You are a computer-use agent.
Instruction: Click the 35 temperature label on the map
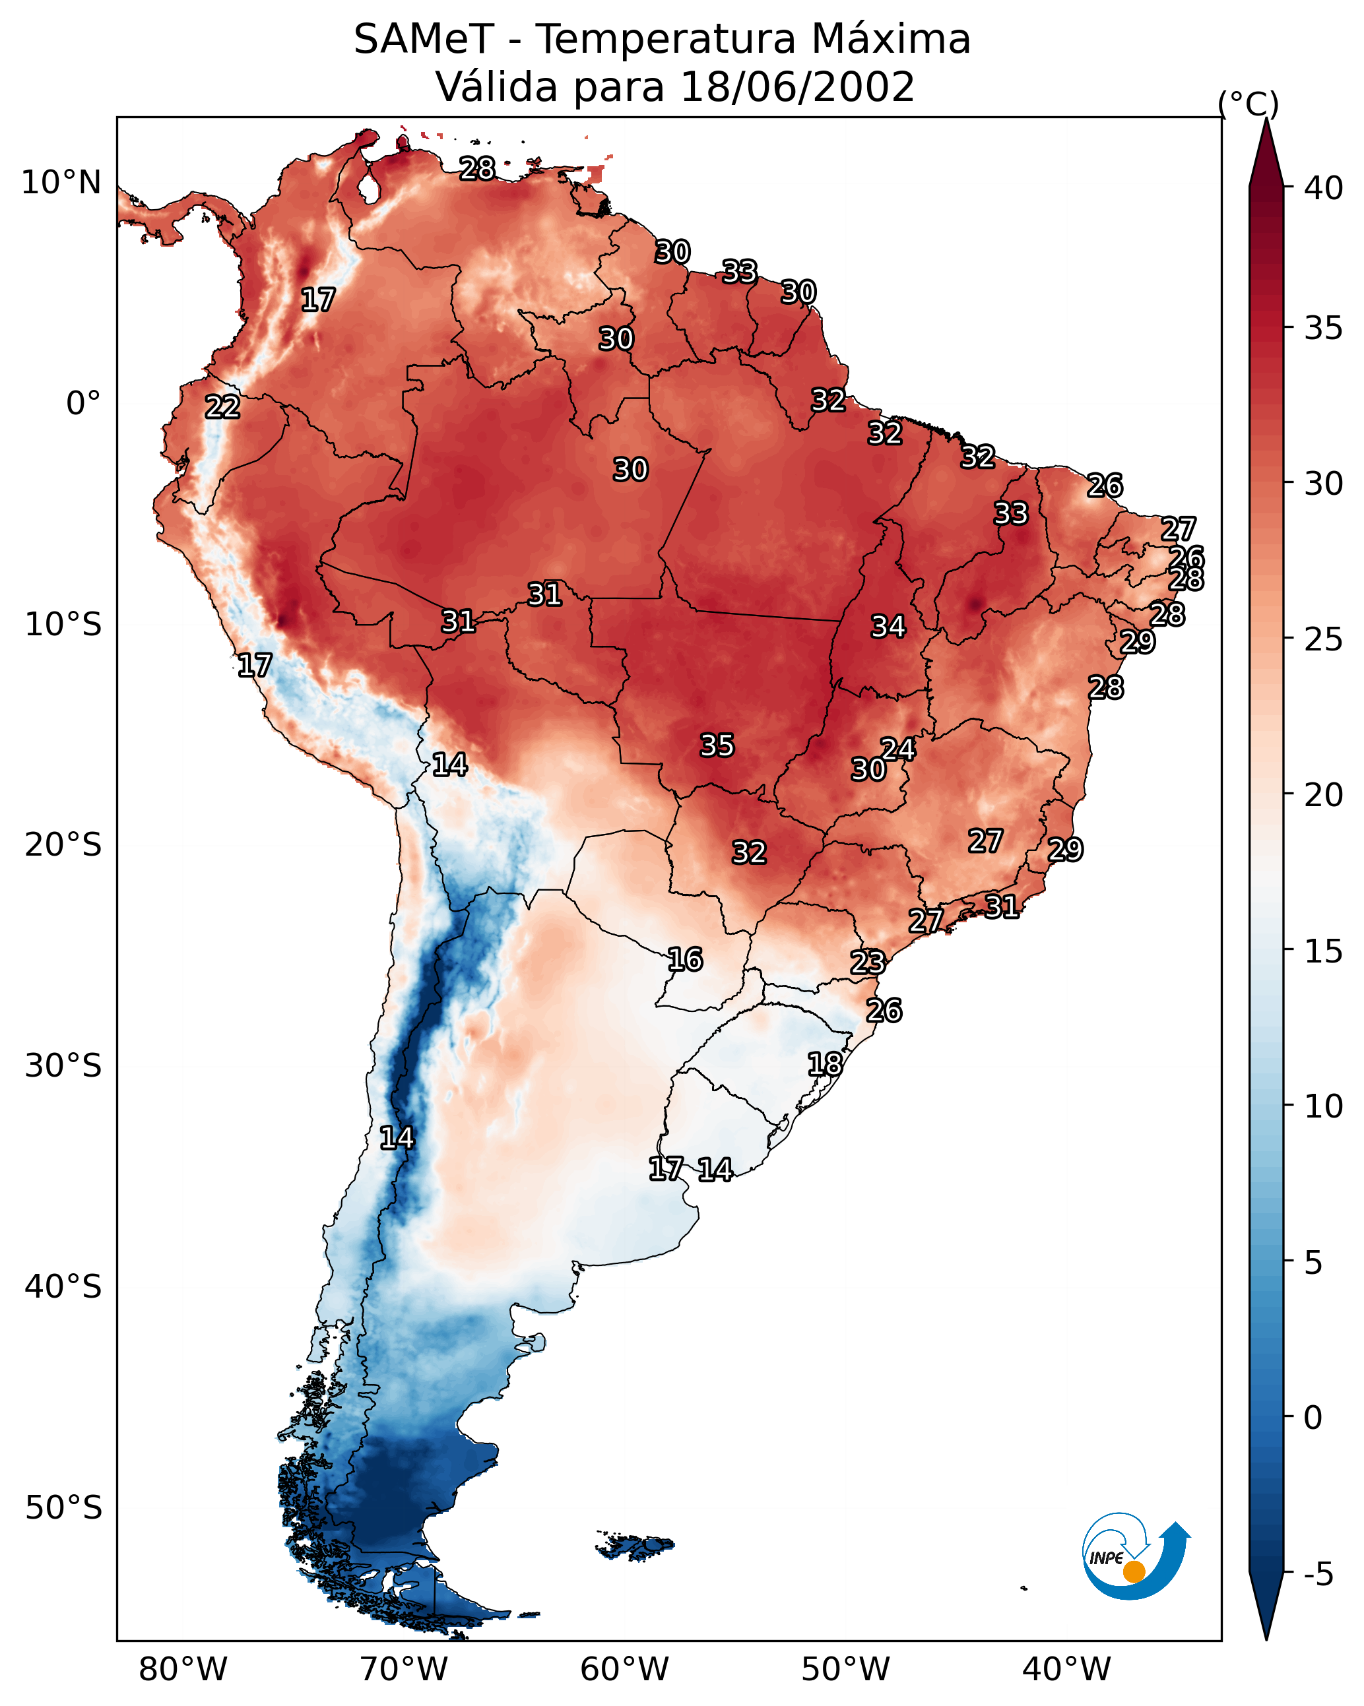pyautogui.click(x=717, y=745)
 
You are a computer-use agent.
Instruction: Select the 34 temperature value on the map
pyautogui.click(x=888, y=627)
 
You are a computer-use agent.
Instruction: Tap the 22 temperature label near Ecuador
pyautogui.click(x=222, y=407)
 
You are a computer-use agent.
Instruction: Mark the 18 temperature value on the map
pyautogui.click(x=825, y=1064)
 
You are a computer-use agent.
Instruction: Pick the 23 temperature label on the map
pyautogui.click(x=868, y=963)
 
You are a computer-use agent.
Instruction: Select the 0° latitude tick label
pyautogui.click(x=83, y=404)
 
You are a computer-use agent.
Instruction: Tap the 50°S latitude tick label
pyautogui.click(x=63, y=1508)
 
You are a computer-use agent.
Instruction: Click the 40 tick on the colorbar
pyautogui.click(x=1324, y=188)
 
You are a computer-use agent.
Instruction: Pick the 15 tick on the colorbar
pyautogui.click(x=1324, y=951)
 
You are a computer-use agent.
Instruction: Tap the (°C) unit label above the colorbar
pyautogui.click(x=1249, y=104)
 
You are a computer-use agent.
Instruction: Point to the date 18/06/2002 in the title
pyautogui.click(x=797, y=87)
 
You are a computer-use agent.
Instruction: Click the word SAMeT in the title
pyautogui.click(x=424, y=40)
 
